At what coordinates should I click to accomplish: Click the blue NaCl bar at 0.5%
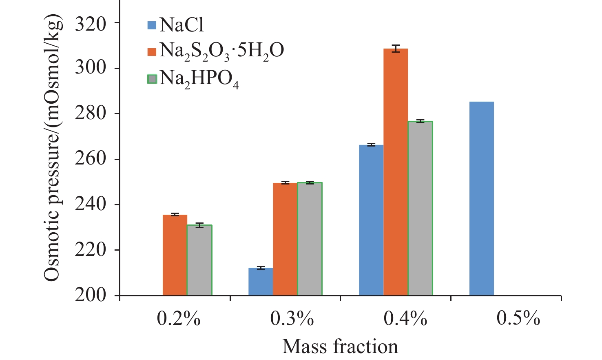point(481,198)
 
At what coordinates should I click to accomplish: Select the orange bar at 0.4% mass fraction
point(395,172)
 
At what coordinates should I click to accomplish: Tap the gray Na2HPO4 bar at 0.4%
point(420,208)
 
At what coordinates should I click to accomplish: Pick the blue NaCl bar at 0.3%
point(261,282)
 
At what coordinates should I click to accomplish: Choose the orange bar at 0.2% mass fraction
point(175,255)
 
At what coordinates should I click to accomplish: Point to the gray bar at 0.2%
point(199,260)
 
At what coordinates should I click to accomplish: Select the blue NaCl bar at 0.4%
point(371,220)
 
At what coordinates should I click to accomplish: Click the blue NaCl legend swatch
point(152,25)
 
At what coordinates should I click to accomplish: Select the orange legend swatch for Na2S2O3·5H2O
point(152,51)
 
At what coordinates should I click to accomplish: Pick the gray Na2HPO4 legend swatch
point(152,78)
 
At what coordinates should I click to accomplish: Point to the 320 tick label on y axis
point(90,23)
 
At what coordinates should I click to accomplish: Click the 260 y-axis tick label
point(90,159)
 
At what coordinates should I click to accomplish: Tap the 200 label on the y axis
point(90,296)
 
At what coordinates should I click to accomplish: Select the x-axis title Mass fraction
point(340,347)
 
